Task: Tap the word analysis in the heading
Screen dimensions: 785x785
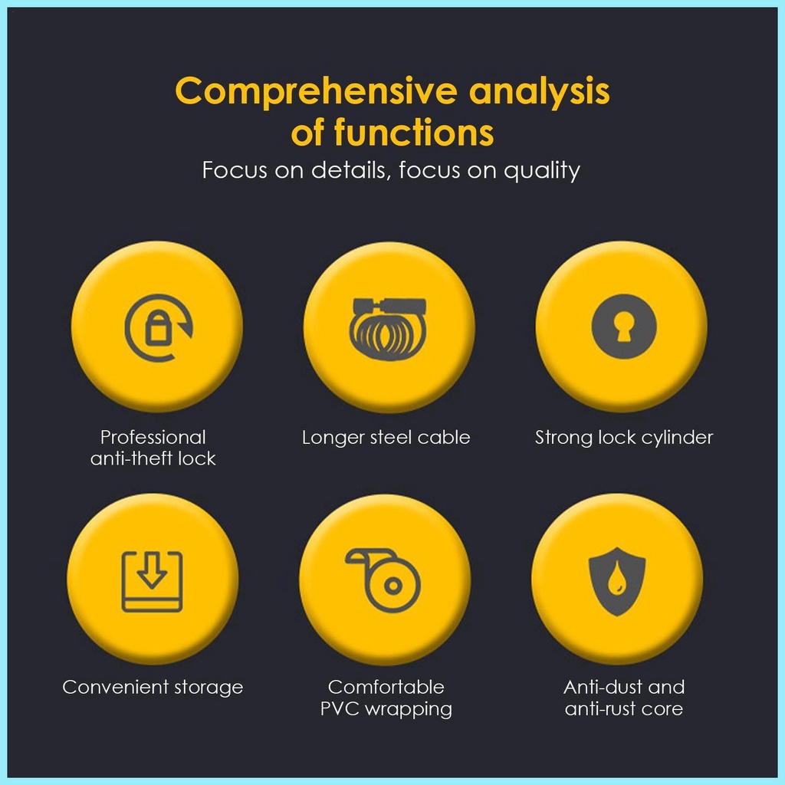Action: click(540, 93)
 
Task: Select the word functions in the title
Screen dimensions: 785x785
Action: click(414, 133)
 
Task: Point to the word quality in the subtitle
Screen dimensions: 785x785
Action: click(541, 170)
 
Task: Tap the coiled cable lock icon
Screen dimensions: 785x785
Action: click(388, 326)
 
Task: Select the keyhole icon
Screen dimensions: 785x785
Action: click(623, 326)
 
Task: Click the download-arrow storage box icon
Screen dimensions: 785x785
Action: click(153, 580)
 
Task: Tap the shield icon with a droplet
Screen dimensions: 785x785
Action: click(617, 580)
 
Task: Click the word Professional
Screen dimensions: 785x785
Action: click(153, 438)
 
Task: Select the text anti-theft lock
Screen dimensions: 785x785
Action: click(153, 458)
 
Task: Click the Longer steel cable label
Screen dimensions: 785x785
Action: click(386, 438)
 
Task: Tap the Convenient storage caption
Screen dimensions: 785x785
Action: click(153, 687)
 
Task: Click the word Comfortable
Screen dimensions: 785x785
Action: click(386, 687)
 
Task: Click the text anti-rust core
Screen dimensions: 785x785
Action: click(623, 709)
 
